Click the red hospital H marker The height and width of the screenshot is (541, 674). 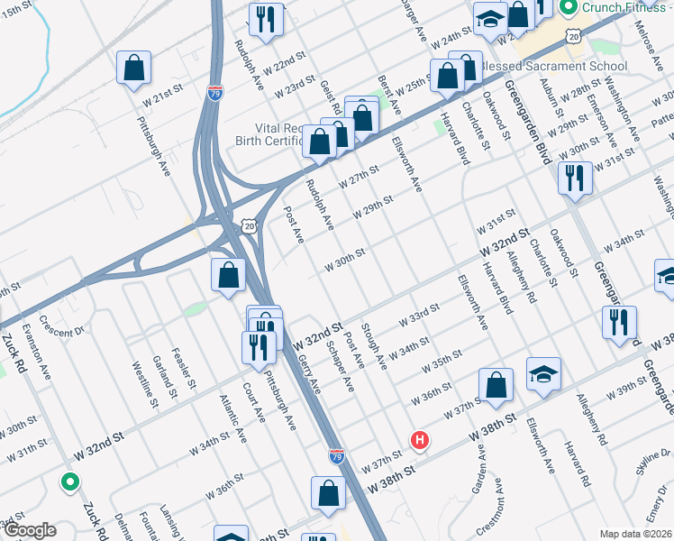(419, 440)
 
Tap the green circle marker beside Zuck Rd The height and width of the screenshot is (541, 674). (69, 482)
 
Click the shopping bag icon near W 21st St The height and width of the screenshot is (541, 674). (133, 68)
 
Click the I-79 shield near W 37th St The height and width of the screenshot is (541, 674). (336, 457)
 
